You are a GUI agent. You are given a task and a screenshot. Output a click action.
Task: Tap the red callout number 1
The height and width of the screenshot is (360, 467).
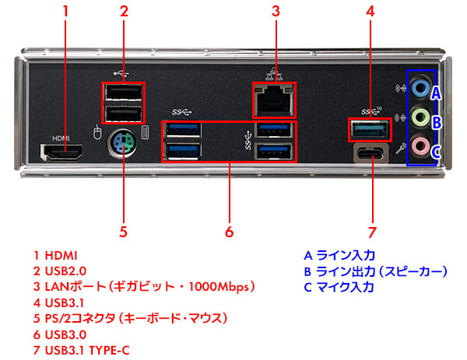pos(65,12)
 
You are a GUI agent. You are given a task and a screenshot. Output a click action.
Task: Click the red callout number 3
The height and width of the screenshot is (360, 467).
pos(276,12)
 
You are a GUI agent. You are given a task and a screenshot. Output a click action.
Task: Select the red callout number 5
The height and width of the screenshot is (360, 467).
pos(123,232)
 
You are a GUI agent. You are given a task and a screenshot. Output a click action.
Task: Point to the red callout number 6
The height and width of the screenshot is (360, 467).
pos(228,232)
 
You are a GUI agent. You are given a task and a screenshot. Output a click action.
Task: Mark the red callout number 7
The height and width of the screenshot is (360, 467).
pos(372,232)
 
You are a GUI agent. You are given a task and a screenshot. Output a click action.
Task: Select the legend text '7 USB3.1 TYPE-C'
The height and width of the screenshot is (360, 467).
pos(81,350)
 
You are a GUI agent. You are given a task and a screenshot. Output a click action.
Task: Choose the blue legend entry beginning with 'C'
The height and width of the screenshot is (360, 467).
pos(339,286)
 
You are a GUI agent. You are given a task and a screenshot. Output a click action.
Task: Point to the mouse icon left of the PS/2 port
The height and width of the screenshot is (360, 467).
pos(97,133)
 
